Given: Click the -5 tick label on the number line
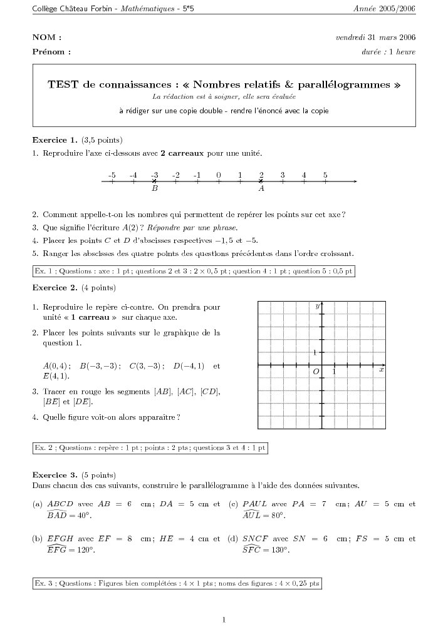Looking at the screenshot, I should coord(112,175).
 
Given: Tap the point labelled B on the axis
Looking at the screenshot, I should coord(155,181).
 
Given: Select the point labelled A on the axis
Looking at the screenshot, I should coord(261,181).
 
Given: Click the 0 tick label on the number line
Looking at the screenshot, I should coord(219,175).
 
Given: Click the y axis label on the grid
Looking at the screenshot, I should coord(318,305).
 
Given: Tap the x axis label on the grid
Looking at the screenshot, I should coord(381,370).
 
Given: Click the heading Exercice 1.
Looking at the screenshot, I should coord(55,140).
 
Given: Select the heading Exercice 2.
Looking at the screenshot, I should coord(55,288).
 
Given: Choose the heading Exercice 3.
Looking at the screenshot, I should coord(55,474).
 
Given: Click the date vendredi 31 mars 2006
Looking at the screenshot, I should coord(376,37).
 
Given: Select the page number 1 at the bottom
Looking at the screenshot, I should coord(224,620).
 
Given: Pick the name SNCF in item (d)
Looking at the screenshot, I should coord(256,538).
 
